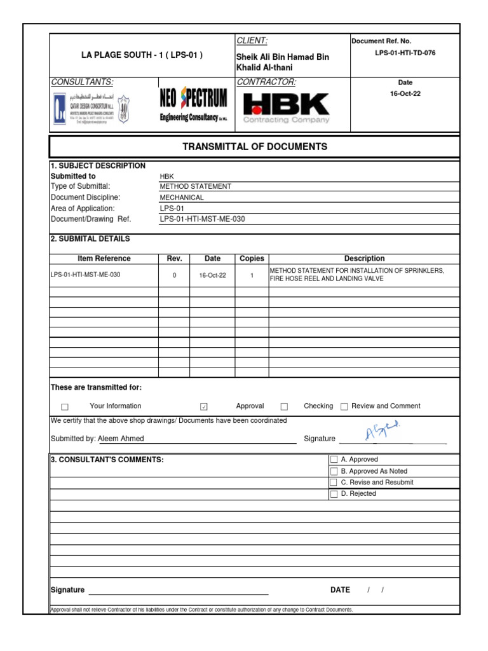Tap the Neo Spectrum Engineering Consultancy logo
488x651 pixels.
(194, 106)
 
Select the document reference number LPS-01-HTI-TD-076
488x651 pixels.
(405, 53)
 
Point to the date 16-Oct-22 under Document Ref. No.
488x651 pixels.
(405, 93)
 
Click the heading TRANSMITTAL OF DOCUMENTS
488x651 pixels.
(255, 147)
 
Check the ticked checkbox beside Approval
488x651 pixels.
(204, 407)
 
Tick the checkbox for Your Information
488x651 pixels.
(65, 407)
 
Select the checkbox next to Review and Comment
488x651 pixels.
(344, 407)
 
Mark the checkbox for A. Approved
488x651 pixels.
(334, 460)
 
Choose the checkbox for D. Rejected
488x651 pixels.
(334, 494)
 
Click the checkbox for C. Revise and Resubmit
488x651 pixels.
(334, 483)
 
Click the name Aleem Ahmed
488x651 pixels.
(121, 439)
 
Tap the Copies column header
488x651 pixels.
(252, 259)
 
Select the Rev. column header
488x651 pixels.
(174, 259)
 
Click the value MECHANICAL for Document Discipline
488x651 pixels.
(182, 198)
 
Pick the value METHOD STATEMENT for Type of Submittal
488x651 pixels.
(196, 186)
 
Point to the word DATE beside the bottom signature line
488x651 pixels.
(340, 590)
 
